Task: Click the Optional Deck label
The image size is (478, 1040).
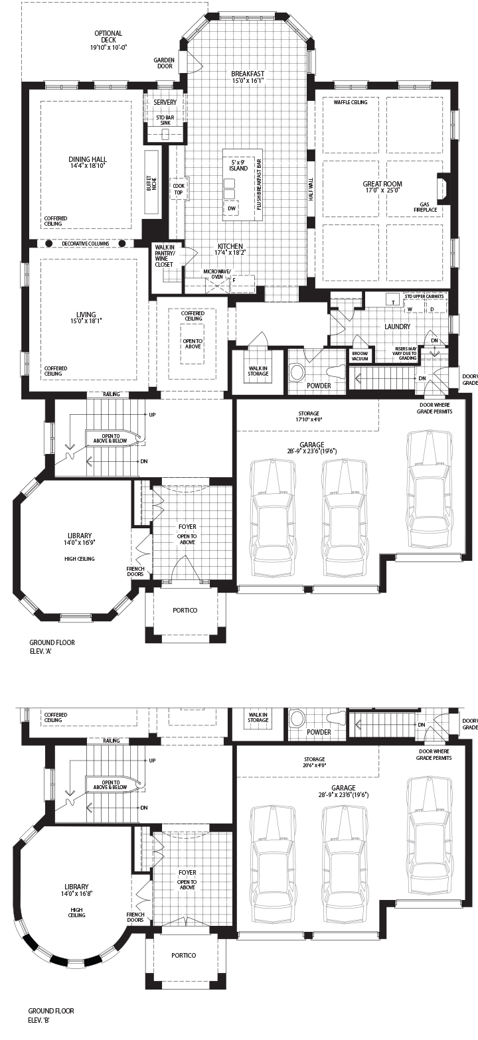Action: pyautogui.click(x=109, y=40)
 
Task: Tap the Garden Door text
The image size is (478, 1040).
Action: pyautogui.click(x=165, y=63)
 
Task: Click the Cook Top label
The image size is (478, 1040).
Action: pyautogui.click(x=179, y=189)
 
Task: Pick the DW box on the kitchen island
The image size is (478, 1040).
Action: pyautogui.click(x=231, y=208)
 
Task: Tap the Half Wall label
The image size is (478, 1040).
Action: pyautogui.click(x=311, y=189)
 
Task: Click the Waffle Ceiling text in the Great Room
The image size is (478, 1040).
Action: pyautogui.click(x=351, y=102)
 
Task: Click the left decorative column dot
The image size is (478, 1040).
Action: pyautogui.click(x=47, y=244)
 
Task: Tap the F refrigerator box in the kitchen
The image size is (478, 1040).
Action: pyautogui.click(x=234, y=281)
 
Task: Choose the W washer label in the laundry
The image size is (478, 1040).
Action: pyautogui.click(x=410, y=309)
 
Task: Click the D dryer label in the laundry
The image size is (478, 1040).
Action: pyautogui.click(x=432, y=309)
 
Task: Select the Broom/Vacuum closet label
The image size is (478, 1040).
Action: pyautogui.click(x=360, y=356)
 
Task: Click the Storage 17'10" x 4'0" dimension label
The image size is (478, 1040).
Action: pyautogui.click(x=309, y=416)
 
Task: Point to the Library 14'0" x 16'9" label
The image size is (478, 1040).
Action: pyautogui.click(x=80, y=538)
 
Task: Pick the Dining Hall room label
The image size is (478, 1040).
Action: pyautogui.click(x=88, y=162)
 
